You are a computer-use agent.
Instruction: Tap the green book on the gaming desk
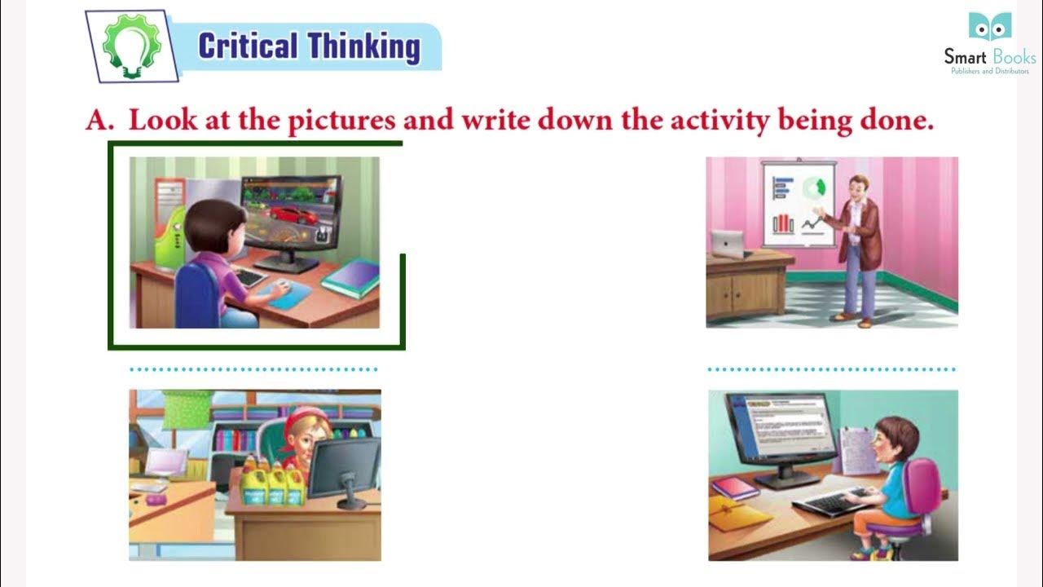pos(351,277)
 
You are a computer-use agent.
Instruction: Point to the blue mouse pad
pos(289,295)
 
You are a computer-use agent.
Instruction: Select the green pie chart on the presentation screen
pos(813,188)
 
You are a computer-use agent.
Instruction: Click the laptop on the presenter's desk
pos(728,243)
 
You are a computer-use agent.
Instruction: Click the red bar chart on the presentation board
pos(783,223)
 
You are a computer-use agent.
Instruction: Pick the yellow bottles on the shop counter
pos(272,483)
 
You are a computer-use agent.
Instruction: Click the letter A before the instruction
pos(98,121)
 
